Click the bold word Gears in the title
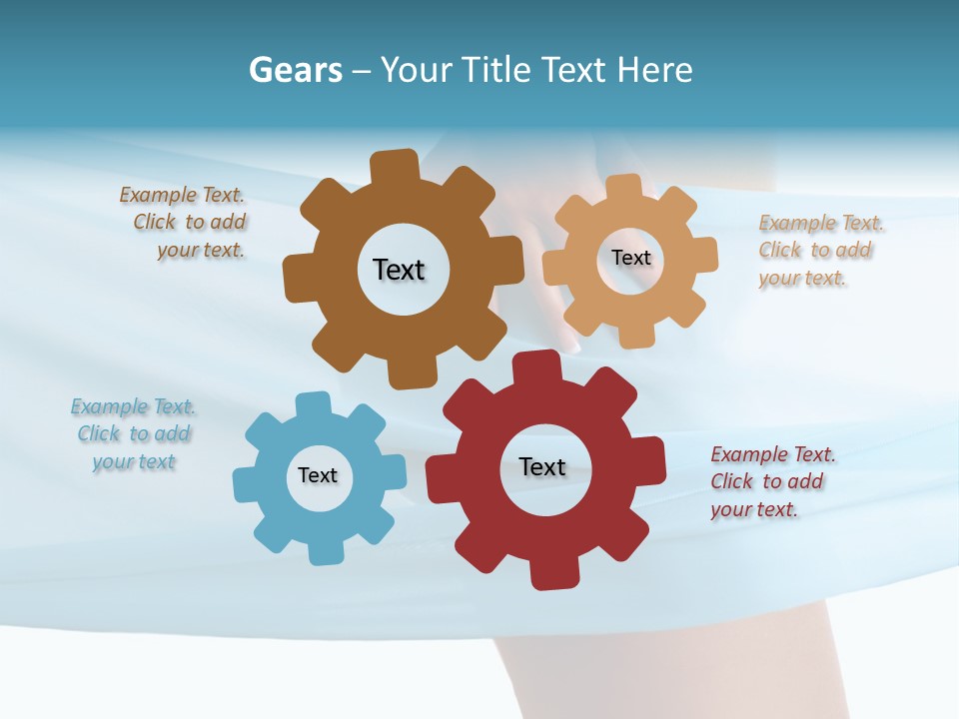pos(295,70)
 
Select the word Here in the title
pos(654,70)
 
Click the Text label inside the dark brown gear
pos(399,270)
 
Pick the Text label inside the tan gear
pos(630,258)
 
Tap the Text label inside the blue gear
pos(317,475)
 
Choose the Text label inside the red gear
pos(542,466)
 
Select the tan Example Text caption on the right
pos(820,250)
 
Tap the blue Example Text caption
pos(134,433)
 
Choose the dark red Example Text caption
pos(772,481)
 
